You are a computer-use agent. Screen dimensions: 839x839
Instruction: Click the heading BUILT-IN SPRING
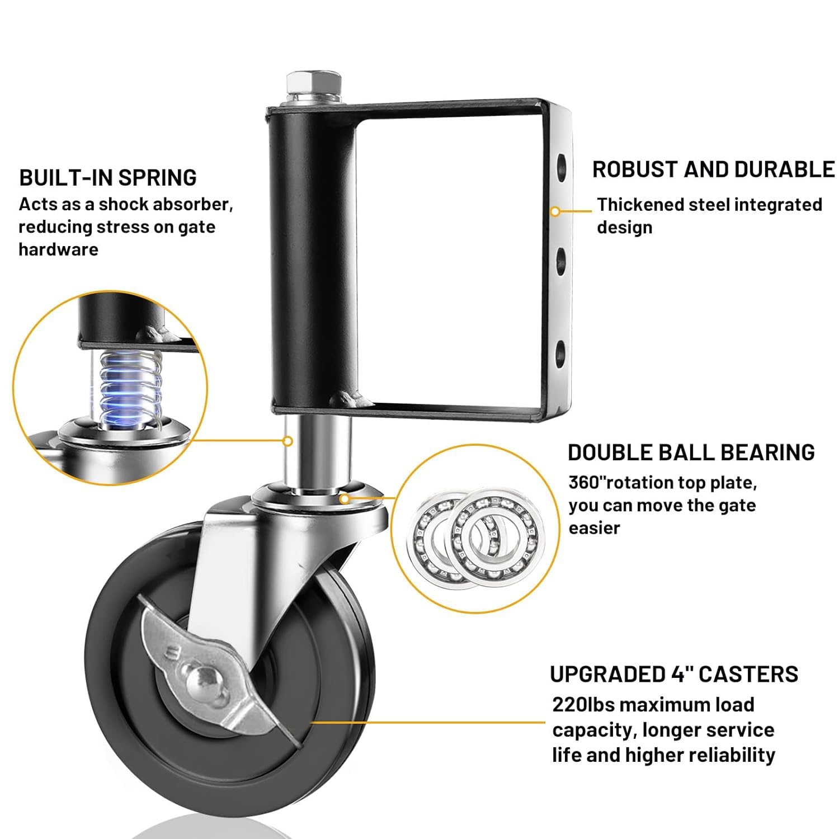[x=108, y=178]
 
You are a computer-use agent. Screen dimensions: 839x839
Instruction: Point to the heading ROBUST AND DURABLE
[x=713, y=169]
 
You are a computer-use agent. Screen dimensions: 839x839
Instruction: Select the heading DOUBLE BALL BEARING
[x=691, y=453]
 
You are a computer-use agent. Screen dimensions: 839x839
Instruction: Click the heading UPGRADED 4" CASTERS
[x=674, y=675]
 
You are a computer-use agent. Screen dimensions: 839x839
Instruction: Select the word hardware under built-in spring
[x=58, y=249]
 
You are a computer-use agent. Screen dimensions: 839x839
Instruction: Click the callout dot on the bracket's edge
[x=555, y=211]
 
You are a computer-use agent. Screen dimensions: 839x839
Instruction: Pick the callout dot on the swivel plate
[x=345, y=498]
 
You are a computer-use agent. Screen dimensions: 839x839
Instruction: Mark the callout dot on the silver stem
[x=287, y=441]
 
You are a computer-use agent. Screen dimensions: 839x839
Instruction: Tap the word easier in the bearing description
[x=595, y=528]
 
